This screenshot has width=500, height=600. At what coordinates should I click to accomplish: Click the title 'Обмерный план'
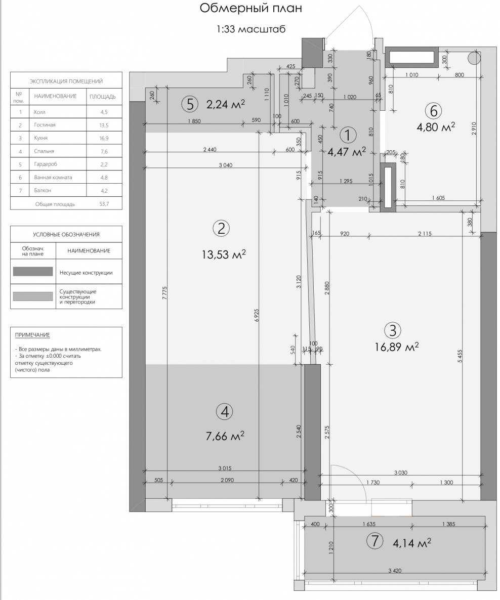click(x=251, y=9)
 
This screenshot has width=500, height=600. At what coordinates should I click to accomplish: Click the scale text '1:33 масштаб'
click(x=251, y=29)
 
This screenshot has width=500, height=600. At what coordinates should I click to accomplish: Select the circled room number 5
click(x=190, y=104)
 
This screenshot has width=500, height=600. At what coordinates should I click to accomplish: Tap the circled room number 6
click(x=434, y=111)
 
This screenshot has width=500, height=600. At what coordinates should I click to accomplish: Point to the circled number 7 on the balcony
click(x=374, y=541)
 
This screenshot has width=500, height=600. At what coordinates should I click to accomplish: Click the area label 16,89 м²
click(x=397, y=347)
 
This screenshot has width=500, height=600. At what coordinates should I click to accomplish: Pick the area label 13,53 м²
click(x=224, y=254)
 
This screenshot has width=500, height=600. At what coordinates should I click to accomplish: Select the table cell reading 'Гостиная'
click(x=45, y=125)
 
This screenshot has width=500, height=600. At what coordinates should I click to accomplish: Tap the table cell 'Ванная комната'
click(x=53, y=177)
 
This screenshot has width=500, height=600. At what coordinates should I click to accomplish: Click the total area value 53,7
click(x=104, y=204)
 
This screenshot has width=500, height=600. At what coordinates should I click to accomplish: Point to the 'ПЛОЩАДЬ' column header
click(x=103, y=97)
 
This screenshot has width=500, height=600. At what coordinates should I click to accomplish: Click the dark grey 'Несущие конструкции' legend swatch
click(x=33, y=272)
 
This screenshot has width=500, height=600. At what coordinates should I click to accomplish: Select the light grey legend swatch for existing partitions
click(x=33, y=296)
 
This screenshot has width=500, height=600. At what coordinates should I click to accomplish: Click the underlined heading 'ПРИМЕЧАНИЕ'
click(x=32, y=335)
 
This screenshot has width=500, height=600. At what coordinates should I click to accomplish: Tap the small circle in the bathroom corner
click(x=474, y=58)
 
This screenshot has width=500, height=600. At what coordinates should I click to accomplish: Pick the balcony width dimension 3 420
click(x=395, y=571)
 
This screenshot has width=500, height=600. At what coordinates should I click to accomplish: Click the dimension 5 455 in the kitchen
click(x=460, y=356)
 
